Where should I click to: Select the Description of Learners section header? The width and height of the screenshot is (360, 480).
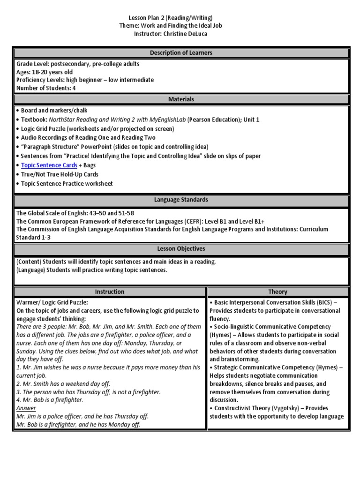point(181,53)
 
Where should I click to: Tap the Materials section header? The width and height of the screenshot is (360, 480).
point(181,99)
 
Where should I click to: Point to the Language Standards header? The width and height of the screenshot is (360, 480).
point(181,200)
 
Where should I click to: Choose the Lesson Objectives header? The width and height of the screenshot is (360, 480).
point(181,249)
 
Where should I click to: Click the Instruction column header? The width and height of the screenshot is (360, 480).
point(110,292)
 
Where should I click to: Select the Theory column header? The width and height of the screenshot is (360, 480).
point(278,292)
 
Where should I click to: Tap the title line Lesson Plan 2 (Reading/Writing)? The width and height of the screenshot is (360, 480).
point(180,17)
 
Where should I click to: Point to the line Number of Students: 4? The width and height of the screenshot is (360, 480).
point(46,88)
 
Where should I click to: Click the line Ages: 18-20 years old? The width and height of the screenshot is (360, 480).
point(45,72)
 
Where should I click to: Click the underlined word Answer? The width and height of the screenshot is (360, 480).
point(26,408)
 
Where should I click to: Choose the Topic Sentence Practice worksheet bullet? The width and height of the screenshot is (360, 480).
point(67,183)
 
